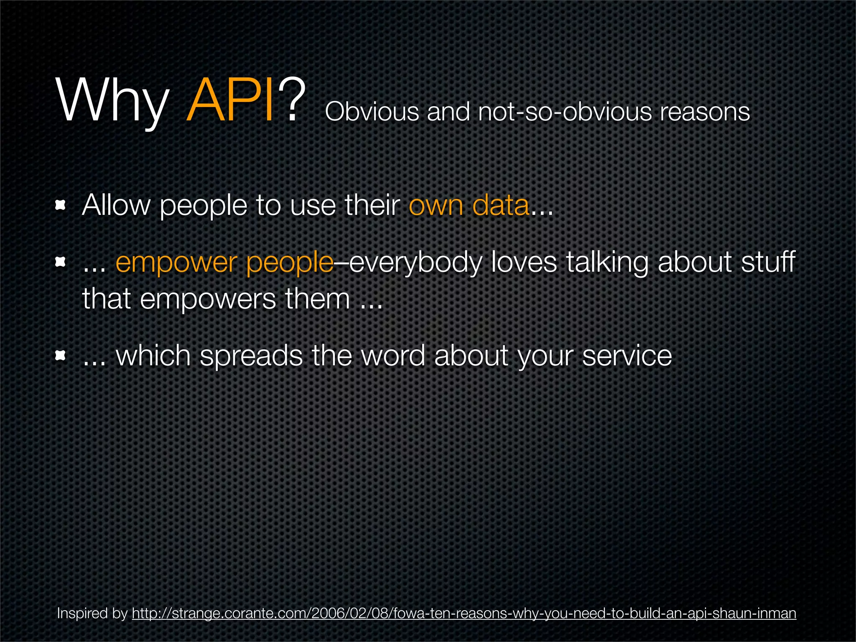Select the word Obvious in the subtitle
pos(372,112)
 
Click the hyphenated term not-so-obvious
pos(565,112)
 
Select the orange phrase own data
pos(469,205)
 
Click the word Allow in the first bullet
pos(116,205)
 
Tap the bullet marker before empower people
pos(61,262)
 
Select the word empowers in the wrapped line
pos(208,299)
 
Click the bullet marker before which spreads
pos(61,356)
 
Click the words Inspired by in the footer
pos(92,614)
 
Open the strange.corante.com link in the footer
pos(464,614)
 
